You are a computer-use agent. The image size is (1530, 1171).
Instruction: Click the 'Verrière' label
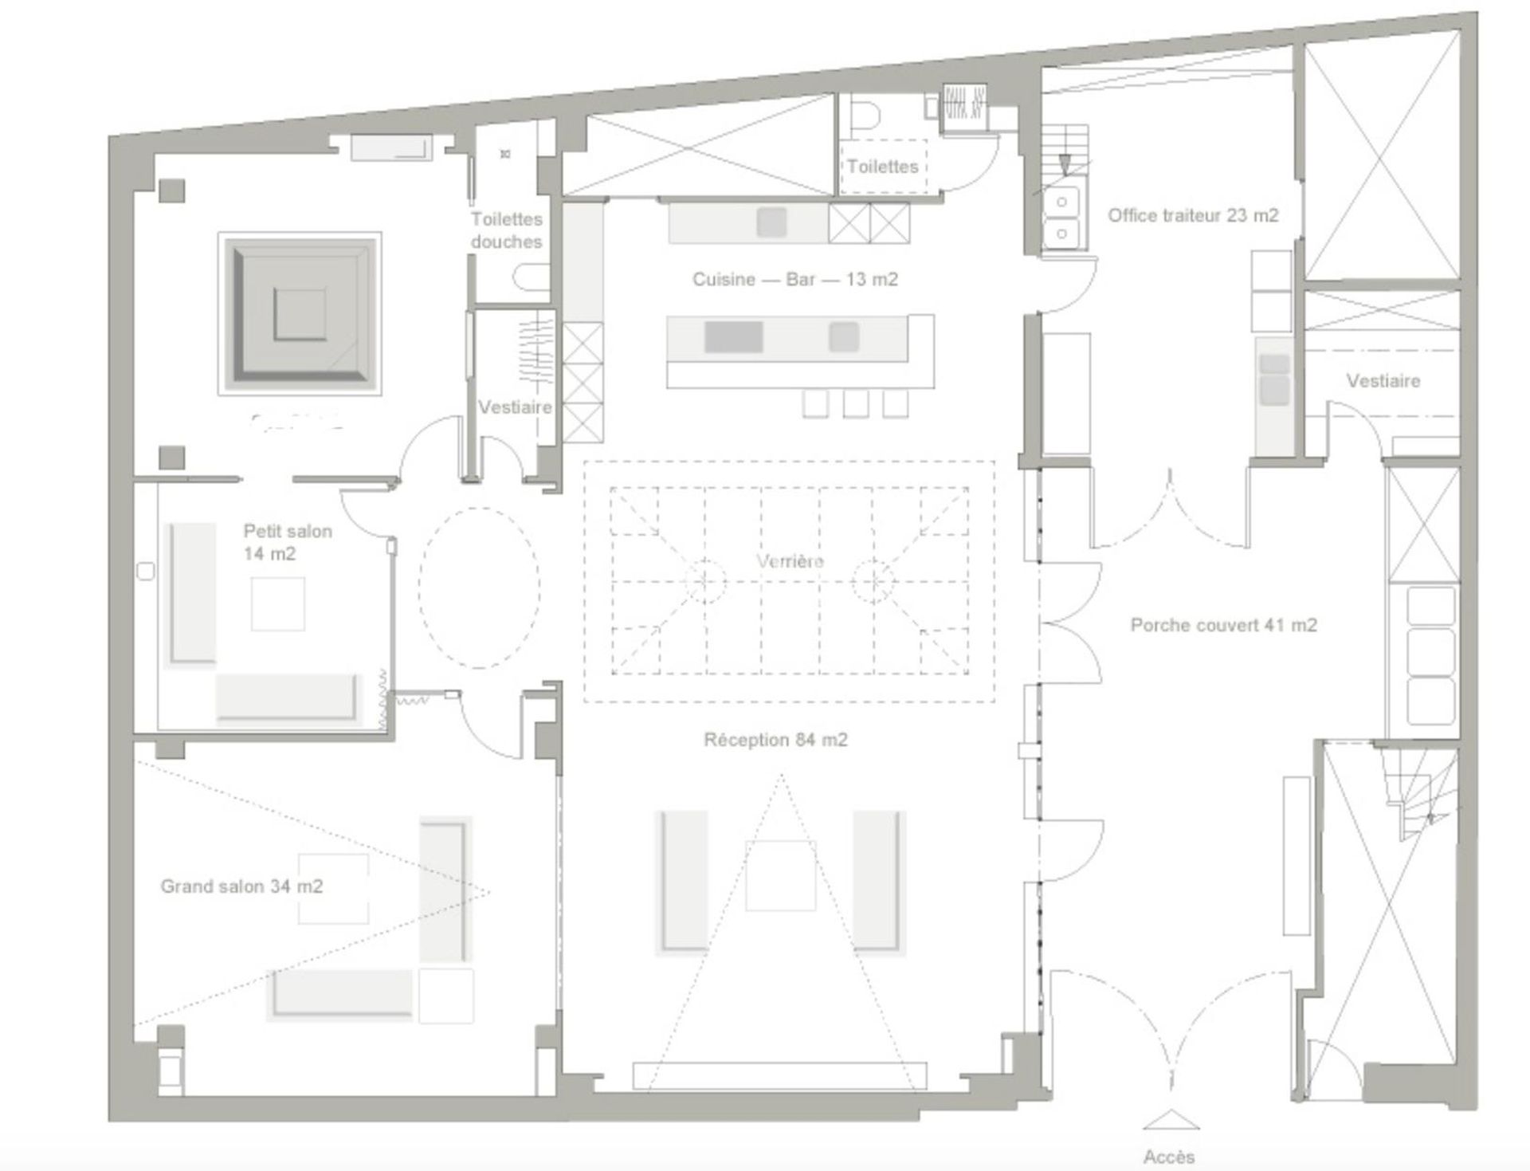[x=790, y=561]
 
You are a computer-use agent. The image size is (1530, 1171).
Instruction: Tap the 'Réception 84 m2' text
[x=775, y=740]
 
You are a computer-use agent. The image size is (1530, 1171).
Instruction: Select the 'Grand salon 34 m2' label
[x=241, y=886]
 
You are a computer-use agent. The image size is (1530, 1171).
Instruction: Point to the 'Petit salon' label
[x=288, y=532]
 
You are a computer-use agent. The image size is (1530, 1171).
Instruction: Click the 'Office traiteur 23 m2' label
[x=1193, y=215]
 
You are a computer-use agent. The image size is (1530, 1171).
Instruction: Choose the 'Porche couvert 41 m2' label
[x=1223, y=625]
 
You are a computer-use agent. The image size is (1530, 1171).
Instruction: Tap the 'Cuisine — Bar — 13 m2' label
[x=794, y=280]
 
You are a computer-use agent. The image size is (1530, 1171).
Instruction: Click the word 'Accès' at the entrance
[x=1169, y=1157]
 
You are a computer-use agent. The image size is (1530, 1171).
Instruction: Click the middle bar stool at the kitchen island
[x=855, y=404]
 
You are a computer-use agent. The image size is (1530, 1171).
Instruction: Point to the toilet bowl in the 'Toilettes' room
[x=864, y=116]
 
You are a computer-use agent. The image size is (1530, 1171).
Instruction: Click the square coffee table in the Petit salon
[x=278, y=604]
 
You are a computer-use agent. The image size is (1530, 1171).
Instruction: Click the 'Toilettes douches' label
[x=506, y=230]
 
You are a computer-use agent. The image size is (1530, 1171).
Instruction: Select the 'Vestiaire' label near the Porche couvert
[x=1383, y=381]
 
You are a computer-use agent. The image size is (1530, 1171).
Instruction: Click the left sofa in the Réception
[x=681, y=882]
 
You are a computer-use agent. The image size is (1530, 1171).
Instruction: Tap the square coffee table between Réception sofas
[x=780, y=875]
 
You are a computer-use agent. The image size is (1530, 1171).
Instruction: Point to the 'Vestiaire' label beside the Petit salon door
[x=515, y=407]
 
